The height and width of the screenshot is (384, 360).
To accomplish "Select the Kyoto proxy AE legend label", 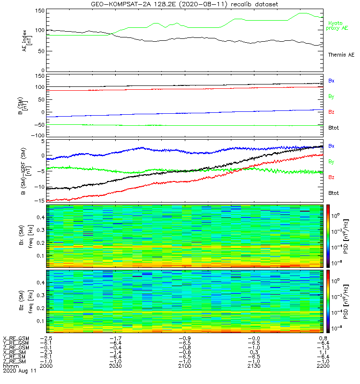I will click(x=338, y=25).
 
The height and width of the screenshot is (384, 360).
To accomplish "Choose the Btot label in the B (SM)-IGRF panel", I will click(x=334, y=192).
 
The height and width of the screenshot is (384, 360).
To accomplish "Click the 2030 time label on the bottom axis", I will click(x=116, y=366).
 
